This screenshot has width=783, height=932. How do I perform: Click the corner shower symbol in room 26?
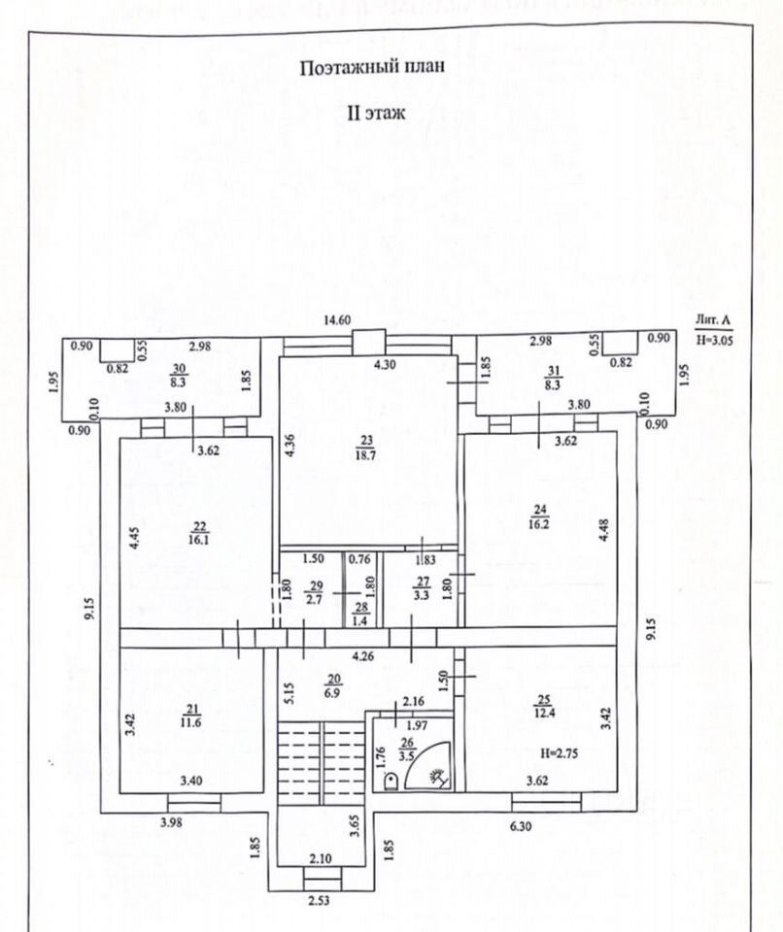[x=433, y=772]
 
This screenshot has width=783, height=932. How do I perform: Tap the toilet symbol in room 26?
[x=390, y=780]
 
